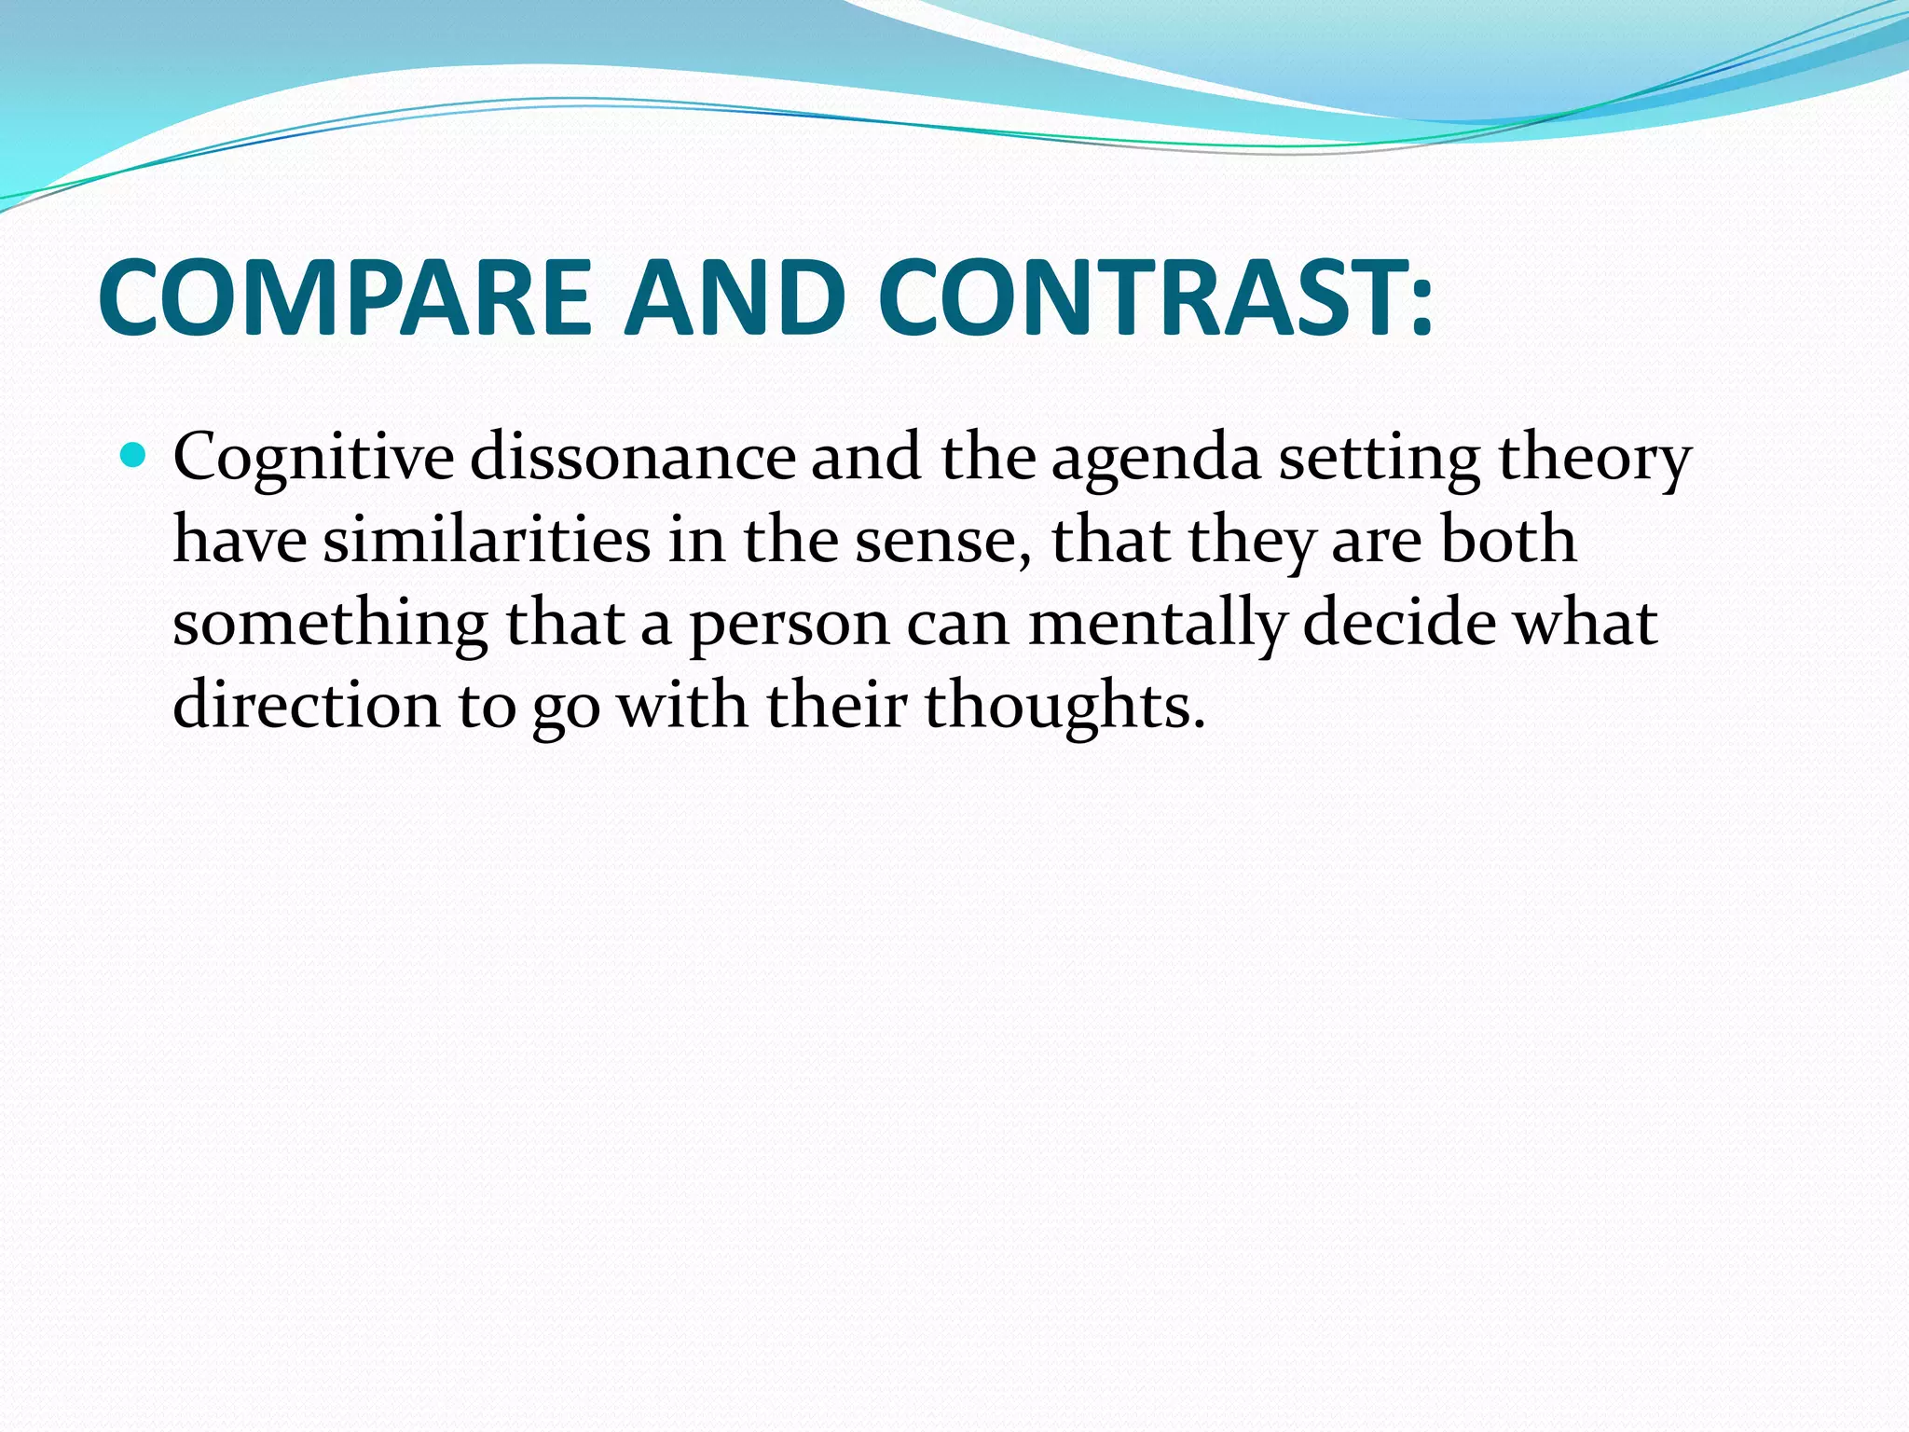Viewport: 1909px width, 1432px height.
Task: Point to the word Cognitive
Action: [313, 459]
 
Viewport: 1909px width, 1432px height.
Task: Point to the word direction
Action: [306, 705]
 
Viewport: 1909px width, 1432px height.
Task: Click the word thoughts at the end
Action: [1057, 705]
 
